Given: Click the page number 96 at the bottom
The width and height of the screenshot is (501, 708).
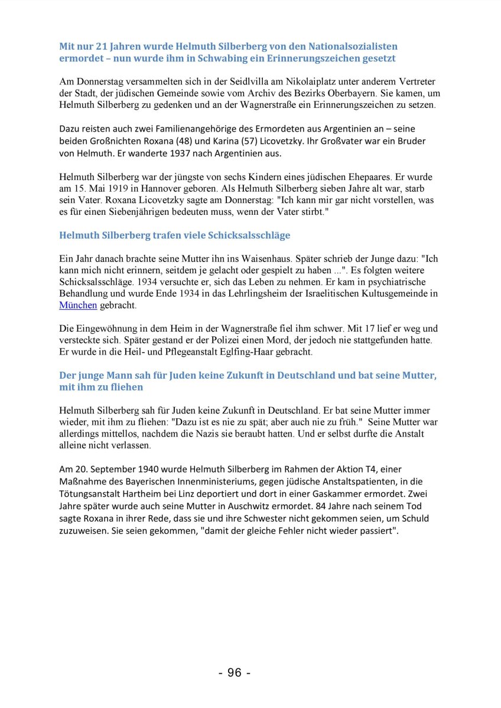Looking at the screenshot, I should [235, 673].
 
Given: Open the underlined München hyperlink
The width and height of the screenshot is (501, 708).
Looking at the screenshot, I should [78, 305].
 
